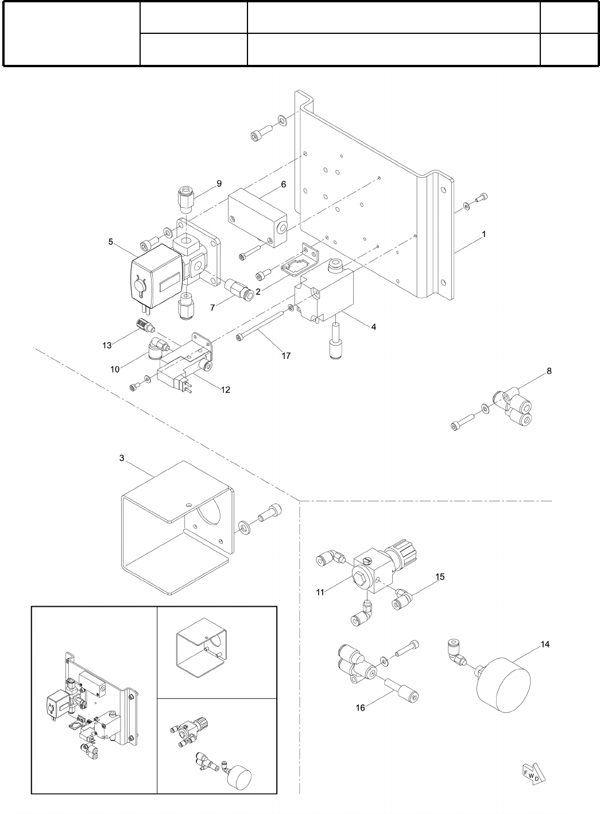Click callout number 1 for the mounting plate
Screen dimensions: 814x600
click(x=484, y=234)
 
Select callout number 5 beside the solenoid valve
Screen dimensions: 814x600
click(x=111, y=242)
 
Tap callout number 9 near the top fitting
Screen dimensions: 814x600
click(x=219, y=184)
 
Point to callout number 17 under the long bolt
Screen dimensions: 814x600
click(x=286, y=356)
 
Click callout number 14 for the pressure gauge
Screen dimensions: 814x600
click(x=545, y=644)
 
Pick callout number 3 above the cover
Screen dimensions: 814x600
click(x=121, y=458)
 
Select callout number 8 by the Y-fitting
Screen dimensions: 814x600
click(x=549, y=371)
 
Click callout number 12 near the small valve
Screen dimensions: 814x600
click(x=225, y=389)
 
